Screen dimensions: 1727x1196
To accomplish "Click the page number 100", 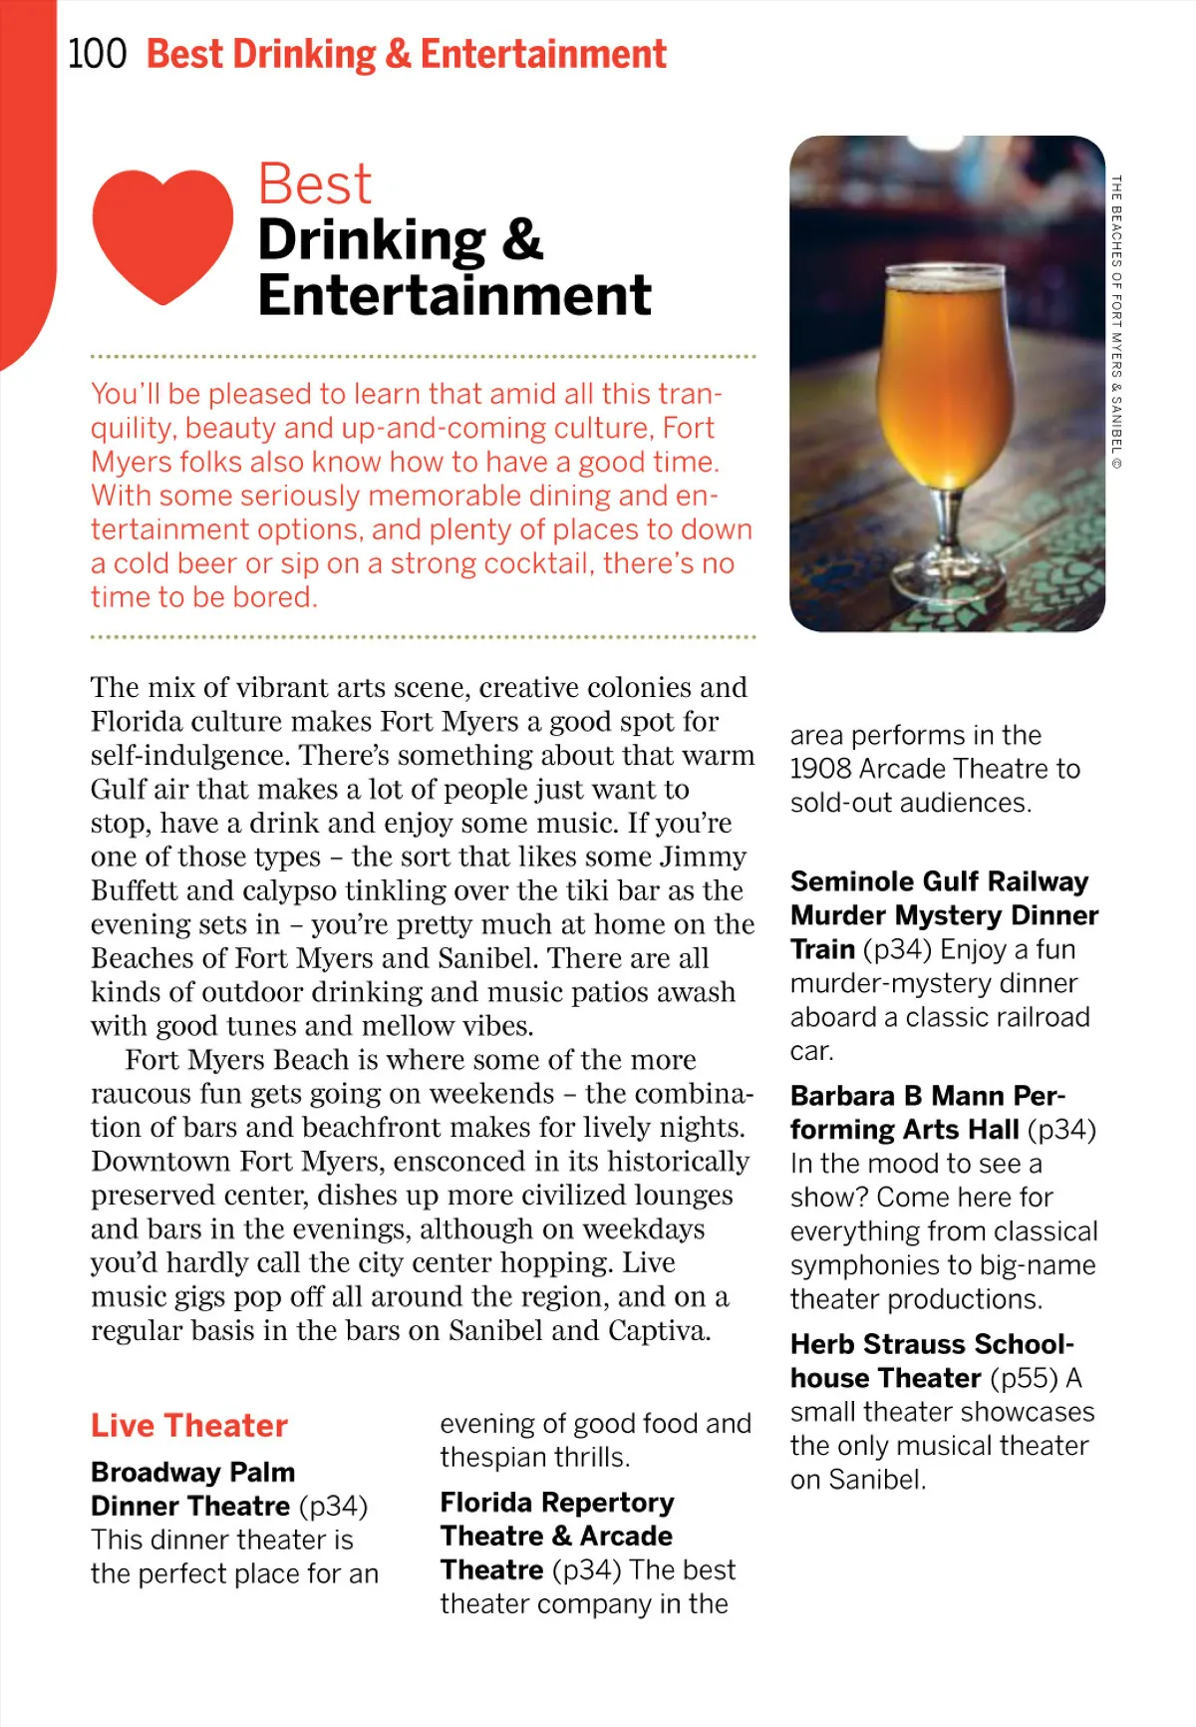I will [97, 54].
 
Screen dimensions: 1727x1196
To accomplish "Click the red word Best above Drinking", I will [314, 184].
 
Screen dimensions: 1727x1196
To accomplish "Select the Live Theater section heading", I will [189, 1425].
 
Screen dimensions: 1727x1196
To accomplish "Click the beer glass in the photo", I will [946, 399].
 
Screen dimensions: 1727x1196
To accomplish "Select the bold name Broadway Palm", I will [192, 1472].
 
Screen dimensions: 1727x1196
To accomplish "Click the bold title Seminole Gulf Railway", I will [939, 881].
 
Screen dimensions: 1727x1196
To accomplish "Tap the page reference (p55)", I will [1024, 1378].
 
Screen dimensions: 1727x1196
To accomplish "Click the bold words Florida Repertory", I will [557, 1502].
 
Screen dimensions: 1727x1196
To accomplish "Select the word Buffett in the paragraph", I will [135, 890].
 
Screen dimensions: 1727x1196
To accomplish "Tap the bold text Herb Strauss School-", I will [932, 1344].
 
